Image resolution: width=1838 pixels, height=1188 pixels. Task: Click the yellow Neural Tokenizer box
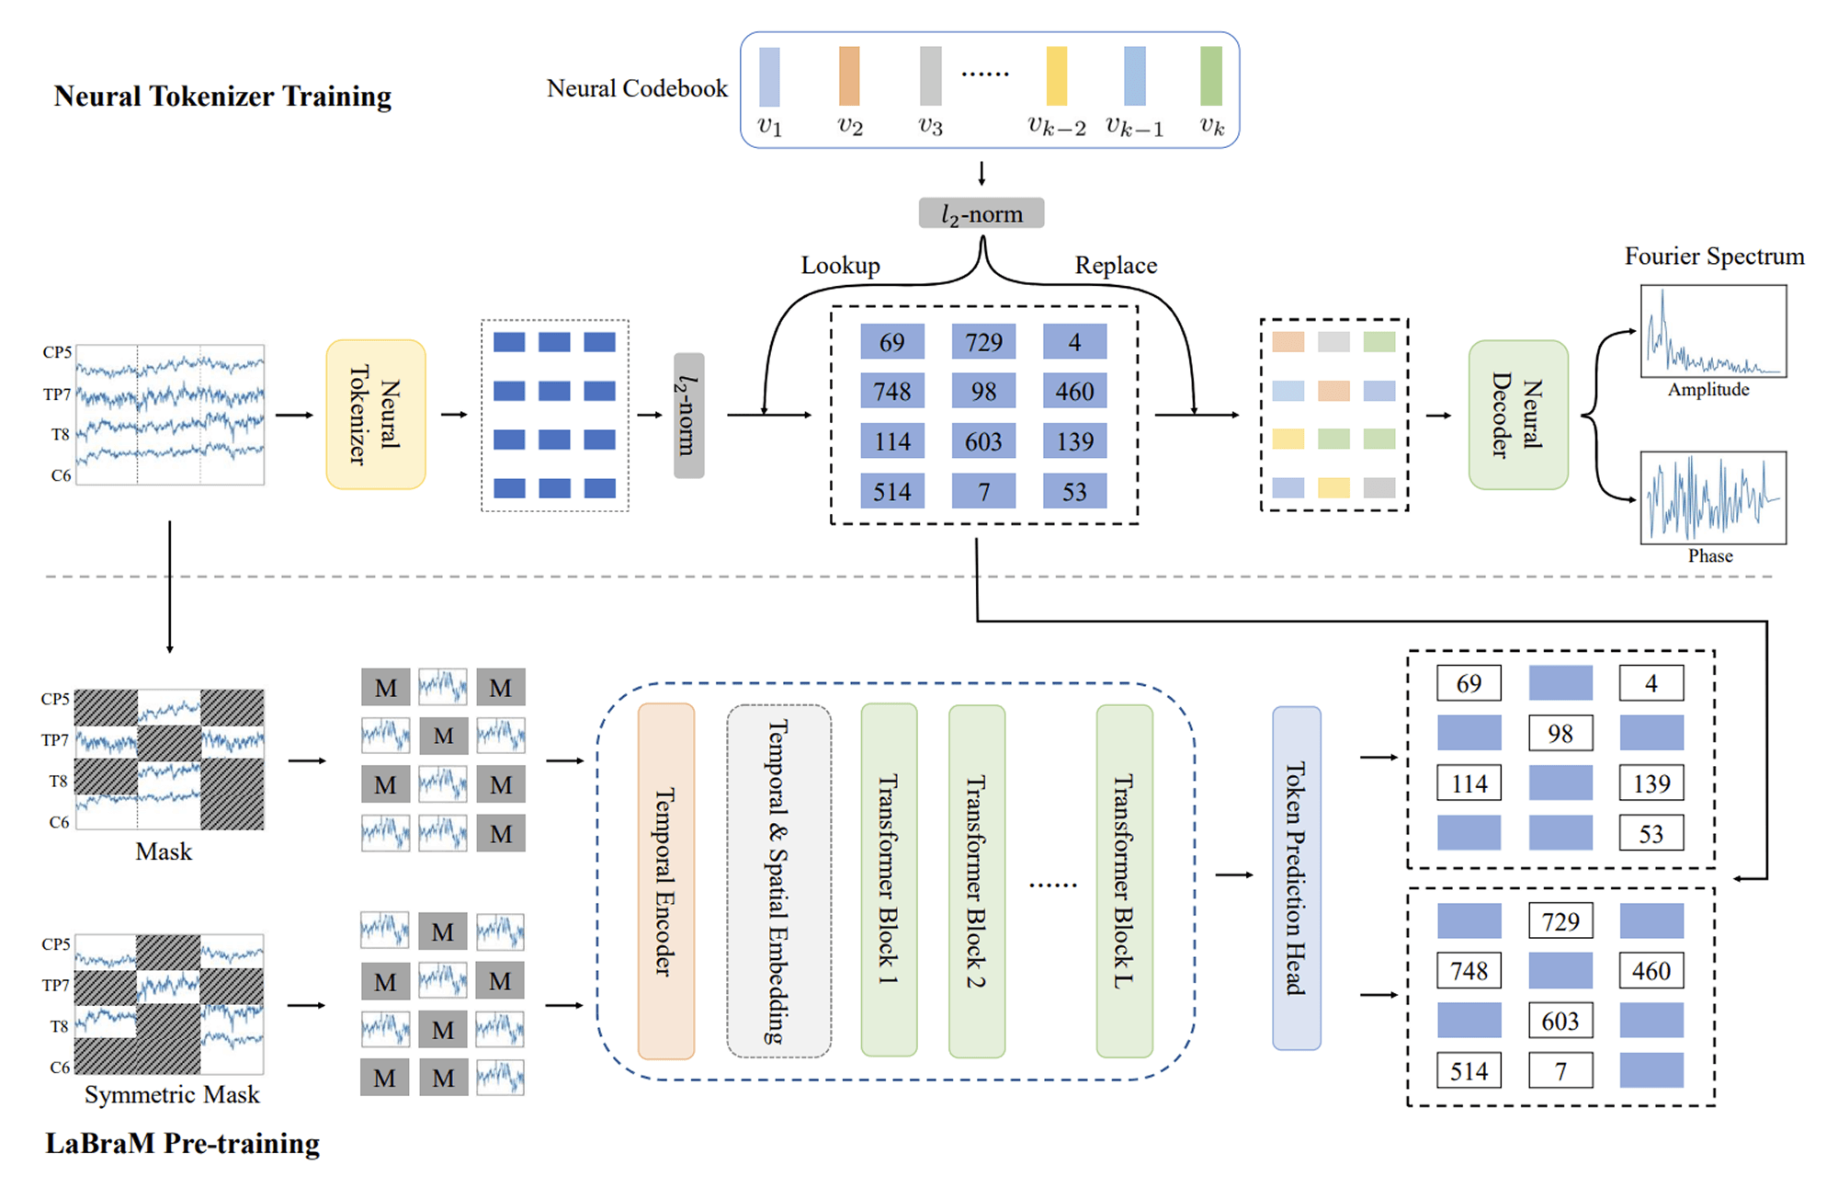pos(375,415)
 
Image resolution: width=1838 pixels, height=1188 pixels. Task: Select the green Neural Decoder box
pos(1517,415)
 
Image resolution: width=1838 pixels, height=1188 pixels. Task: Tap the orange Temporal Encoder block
pos(665,881)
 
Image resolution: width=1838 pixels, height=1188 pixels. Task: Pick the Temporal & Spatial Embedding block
pos(778,881)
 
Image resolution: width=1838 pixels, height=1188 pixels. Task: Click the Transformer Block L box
pos(1124,881)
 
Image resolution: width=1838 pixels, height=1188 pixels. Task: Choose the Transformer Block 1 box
pos(889,881)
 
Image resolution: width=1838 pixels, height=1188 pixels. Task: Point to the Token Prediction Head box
pos(1296,878)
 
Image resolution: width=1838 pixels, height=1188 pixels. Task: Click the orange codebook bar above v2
pos(849,76)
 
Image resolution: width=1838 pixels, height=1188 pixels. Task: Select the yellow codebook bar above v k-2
pos(1057,76)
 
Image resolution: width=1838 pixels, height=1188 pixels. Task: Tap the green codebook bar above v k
pos(1211,76)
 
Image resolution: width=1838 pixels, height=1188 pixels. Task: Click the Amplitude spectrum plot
pos(1713,331)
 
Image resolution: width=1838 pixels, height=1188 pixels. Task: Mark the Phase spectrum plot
pos(1713,497)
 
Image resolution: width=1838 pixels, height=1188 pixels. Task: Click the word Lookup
pos(840,266)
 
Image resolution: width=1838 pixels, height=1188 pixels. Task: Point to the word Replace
pos(1116,266)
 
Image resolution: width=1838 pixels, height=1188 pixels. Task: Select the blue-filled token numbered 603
pos(983,441)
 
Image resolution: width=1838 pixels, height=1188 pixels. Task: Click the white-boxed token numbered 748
pos(1469,971)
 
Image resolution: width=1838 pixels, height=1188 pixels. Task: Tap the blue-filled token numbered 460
pos(1074,392)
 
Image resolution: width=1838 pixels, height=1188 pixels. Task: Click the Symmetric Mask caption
pos(172,1094)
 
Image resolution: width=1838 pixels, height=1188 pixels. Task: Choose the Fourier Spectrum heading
pos(1714,256)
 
